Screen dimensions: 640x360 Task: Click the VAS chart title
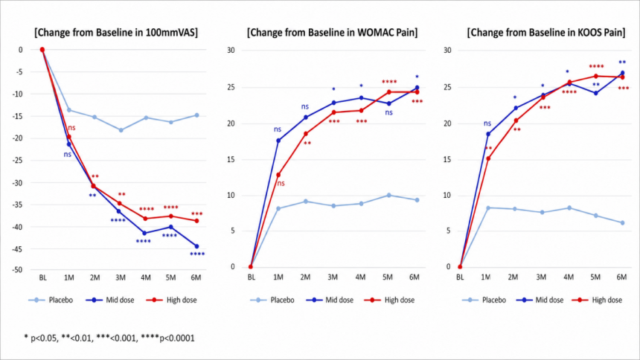pyautogui.click(x=116, y=32)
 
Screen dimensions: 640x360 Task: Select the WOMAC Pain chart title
pyautogui.click(x=332, y=32)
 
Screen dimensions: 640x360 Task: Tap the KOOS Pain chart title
pyautogui.click(x=546, y=32)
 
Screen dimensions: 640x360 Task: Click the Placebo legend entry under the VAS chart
pyautogui.click(x=51, y=300)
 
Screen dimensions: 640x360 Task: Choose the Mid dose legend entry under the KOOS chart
pyautogui.click(x=540, y=300)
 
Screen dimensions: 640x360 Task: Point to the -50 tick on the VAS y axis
pyautogui.click(x=17, y=270)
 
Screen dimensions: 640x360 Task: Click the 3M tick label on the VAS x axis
pyautogui.click(x=120, y=277)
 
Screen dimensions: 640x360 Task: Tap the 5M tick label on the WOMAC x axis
pyautogui.click(x=387, y=277)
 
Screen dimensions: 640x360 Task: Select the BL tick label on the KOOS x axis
pyautogui.click(x=460, y=277)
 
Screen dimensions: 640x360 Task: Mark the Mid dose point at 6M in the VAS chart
pyautogui.click(x=196, y=246)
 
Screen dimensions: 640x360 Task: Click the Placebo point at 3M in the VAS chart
pyautogui.click(x=121, y=130)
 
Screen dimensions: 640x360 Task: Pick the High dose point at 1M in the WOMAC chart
pyautogui.click(x=279, y=175)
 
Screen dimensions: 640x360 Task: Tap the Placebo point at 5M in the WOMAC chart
pyautogui.click(x=389, y=196)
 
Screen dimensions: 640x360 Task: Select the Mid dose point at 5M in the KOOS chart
pyautogui.click(x=596, y=94)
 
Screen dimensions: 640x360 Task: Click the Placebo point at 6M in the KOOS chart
pyautogui.click(x=622, y=223)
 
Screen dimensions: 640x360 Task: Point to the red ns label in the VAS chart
pyautogui.click(x=72, y=128)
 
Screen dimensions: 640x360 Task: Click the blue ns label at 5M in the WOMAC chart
pyautogui.click(x=388, y=112)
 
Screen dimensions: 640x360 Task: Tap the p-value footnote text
pyautogui.click(x=109, y=338)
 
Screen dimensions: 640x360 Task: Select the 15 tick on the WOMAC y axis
pyautogui.click(x=231, y=160)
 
